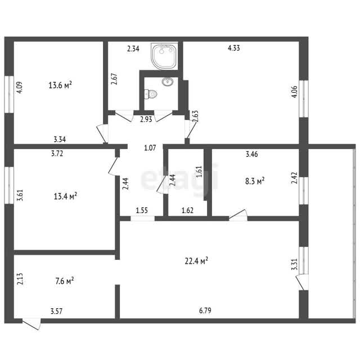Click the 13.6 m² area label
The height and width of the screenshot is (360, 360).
[60, 85]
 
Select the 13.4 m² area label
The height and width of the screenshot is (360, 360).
[65, 196]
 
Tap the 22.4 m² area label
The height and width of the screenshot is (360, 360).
[196, 261]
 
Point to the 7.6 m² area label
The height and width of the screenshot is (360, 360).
[65, 281]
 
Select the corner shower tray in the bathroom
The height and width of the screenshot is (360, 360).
[164, 56]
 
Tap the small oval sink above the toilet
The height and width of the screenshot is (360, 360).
[168, 81]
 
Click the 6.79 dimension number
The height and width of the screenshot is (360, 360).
[205, 310]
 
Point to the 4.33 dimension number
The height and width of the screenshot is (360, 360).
[234, 48]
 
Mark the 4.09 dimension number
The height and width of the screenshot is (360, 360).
[19, 88]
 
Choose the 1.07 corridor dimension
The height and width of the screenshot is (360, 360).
[150, 147]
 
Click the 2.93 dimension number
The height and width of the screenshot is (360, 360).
[146, 119]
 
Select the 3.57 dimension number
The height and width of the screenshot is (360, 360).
[56, 311]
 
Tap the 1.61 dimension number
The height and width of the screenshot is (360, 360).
[199, 171]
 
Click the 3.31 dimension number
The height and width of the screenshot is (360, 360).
[295, 264]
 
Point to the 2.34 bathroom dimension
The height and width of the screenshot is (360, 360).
[133, 49]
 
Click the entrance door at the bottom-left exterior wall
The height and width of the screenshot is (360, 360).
[31, 324]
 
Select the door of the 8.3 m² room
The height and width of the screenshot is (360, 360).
[238, 215]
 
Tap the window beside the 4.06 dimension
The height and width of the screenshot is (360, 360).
[304, 99]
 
